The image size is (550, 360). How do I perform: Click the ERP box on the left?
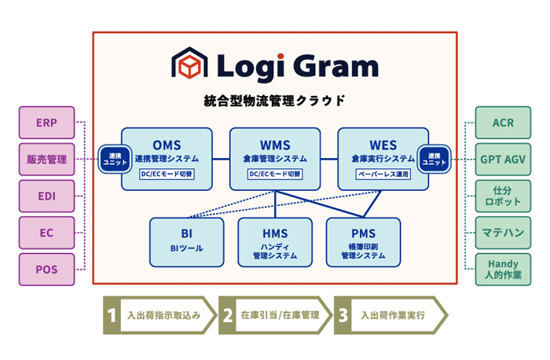[46, 123]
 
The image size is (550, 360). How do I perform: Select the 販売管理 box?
[46, 160]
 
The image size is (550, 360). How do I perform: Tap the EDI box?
[46, 197]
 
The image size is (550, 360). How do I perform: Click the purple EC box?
[46, 233]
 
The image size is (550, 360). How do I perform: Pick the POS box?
[46, 270]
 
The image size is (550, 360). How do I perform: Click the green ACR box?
[503, 123]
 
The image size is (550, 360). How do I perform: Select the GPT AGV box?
[503, 160]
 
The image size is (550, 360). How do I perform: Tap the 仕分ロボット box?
[503, 197]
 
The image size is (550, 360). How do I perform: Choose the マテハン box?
[503, 233]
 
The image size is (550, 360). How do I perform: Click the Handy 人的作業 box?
[503, 270]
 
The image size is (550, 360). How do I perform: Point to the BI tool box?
[186, 241]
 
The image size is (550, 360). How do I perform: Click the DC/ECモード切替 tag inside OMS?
[167, 174]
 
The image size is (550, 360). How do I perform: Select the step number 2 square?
[228, 315]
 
